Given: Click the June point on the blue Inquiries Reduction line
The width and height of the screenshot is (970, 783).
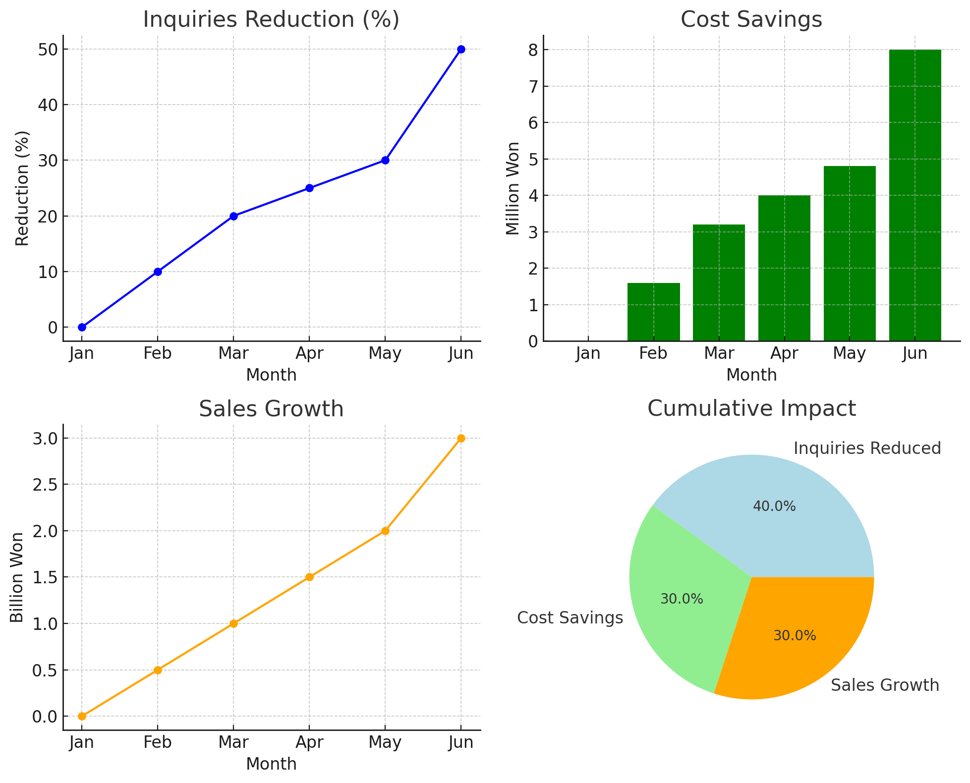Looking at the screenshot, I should click(461, 49).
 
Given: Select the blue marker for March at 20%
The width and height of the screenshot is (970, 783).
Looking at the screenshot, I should click(233, 216).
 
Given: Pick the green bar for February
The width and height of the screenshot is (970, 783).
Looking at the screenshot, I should click(653, 312).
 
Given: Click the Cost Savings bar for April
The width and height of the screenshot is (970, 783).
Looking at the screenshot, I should click(784, 268).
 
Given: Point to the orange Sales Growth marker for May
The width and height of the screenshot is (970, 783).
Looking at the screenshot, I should click(385, 531).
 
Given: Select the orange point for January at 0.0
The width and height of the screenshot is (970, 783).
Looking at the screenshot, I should click(82, 716).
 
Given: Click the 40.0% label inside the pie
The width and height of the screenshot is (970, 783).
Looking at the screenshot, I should click(774, 506).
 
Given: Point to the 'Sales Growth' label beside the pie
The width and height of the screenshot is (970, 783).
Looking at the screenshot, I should click(885, 685).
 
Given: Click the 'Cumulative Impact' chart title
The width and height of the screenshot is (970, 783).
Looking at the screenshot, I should click(751, 408).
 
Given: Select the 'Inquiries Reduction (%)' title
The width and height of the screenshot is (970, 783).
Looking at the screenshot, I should click(271, 20).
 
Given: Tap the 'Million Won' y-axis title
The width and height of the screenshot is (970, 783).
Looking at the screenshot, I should click(513, 188).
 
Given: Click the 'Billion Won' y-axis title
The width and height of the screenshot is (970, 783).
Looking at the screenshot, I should click(17, 577).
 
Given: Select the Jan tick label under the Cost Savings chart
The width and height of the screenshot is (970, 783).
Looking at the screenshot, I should click(588, 353).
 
